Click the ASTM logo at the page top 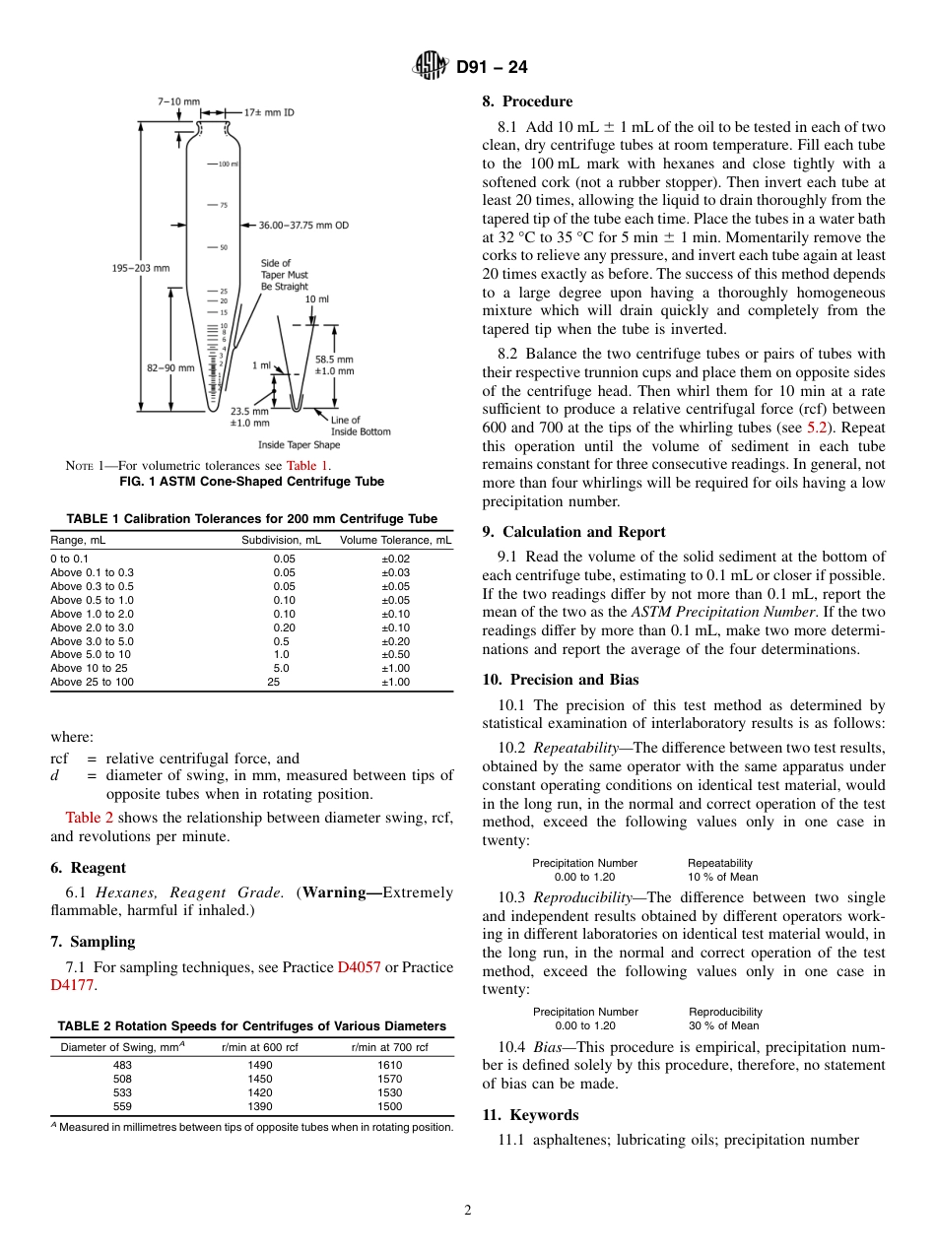430,67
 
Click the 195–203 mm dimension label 139,268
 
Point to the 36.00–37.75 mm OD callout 303,225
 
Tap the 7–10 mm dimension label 178,101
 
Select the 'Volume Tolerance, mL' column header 396,540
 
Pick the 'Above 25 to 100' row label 92,682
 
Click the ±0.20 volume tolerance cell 396,641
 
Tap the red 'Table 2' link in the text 89,817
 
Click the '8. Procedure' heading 527,101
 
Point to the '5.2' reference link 817,428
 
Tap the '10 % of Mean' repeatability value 722,877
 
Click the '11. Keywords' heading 530,1115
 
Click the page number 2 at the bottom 468,1211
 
